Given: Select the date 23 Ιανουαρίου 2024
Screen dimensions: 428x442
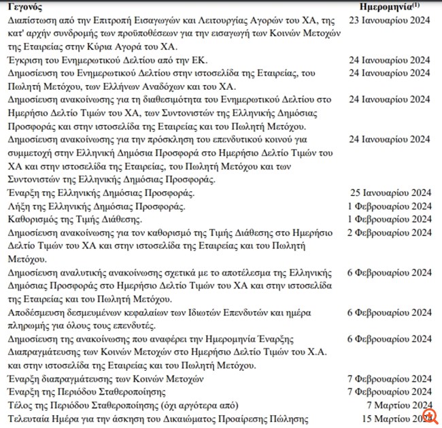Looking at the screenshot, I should [389, 21].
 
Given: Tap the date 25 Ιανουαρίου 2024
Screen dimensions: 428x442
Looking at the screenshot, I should [389, 193].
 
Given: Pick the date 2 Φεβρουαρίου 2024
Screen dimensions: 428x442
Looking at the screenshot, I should [386, 233].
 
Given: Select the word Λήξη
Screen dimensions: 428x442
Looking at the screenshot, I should [18, 206].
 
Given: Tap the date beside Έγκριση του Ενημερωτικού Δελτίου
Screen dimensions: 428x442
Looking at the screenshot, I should [389, 60].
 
